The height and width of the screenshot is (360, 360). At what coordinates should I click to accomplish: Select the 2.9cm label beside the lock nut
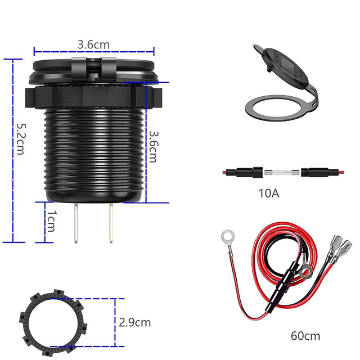tap(135, 322)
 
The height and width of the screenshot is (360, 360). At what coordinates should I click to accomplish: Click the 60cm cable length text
tap(305, 336)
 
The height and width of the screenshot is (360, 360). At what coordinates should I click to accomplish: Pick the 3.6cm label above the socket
tap(93, 43)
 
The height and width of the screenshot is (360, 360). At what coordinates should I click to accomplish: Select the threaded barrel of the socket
tap(93, 152)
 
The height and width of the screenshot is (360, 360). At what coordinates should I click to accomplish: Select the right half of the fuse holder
tap(318, 172)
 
